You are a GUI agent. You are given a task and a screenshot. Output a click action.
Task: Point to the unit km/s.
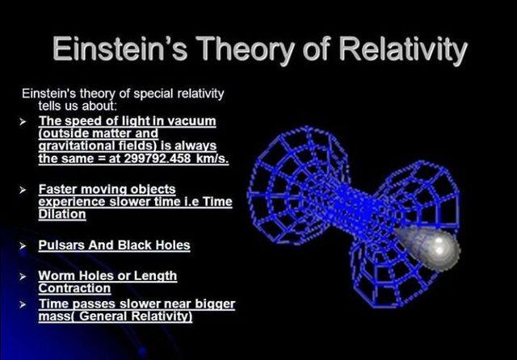click(209, 160)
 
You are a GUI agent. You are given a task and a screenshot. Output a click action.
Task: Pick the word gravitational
click(75, 147)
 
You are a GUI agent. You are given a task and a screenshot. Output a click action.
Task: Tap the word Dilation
click(62, 215)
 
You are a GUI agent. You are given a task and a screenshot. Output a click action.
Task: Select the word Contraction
click(74, 288)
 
